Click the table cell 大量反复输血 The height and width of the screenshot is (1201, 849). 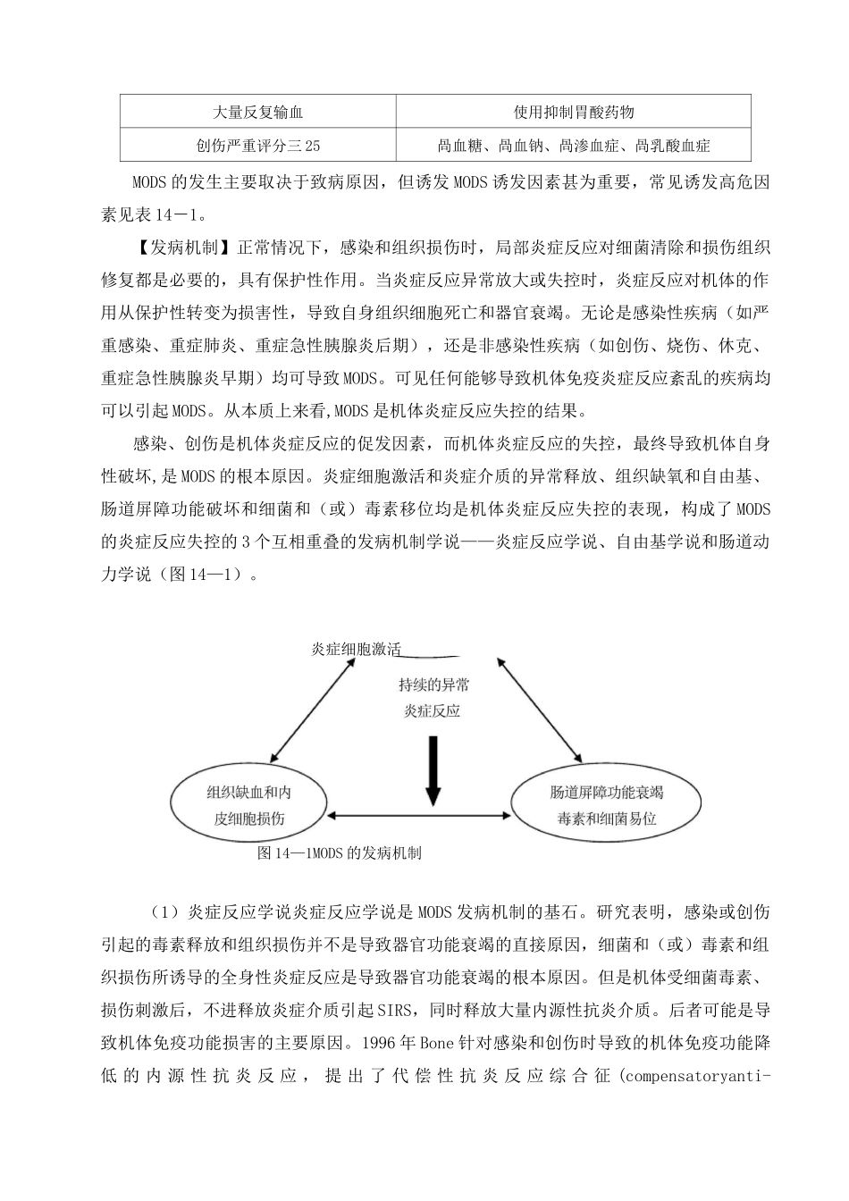point(258,113)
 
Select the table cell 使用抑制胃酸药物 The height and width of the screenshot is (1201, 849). point(574,113)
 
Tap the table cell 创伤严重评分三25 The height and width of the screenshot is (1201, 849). point(258,145)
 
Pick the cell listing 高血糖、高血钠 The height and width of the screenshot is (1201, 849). point(574,145)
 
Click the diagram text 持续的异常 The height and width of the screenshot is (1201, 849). point(434,686)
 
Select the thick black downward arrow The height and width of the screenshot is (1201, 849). point(433,767)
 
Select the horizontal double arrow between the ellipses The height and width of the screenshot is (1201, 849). point(420,815)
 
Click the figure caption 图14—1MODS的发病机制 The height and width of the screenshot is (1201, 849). point(339,853)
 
